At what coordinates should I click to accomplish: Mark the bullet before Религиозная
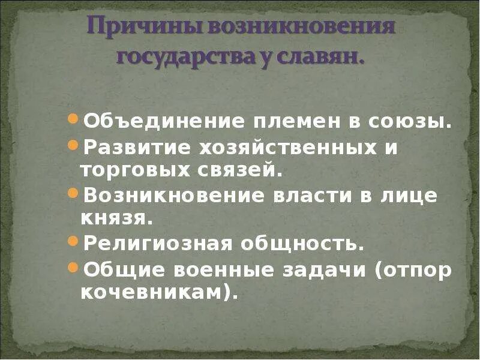(x=73, y=240)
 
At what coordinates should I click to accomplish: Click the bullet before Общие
(x=73, y=266)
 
